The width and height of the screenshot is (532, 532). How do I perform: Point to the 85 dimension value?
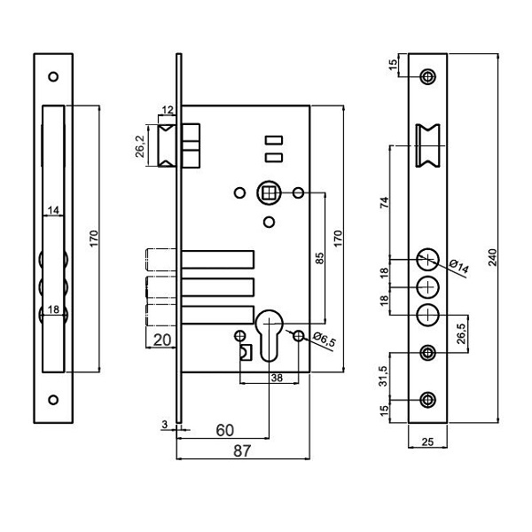(320, 259)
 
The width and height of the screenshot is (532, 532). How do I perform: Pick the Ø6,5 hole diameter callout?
(326, 341)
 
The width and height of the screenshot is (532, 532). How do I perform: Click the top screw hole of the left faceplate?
(53, 76)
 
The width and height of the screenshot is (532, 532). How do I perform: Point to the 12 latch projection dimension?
(167, 111)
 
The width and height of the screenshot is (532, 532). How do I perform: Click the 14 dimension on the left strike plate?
(53, 210)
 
